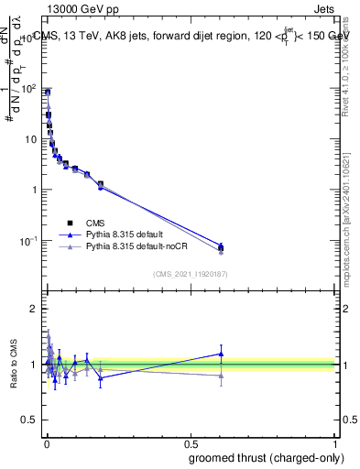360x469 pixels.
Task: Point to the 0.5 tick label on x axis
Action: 190,444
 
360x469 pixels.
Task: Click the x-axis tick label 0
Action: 45,444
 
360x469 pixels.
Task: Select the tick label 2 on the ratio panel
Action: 35,309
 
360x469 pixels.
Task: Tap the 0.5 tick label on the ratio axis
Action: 30,421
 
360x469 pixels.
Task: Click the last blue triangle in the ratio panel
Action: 221,354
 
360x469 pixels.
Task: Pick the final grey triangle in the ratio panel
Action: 221,376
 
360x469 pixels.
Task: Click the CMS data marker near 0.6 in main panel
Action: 221,247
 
